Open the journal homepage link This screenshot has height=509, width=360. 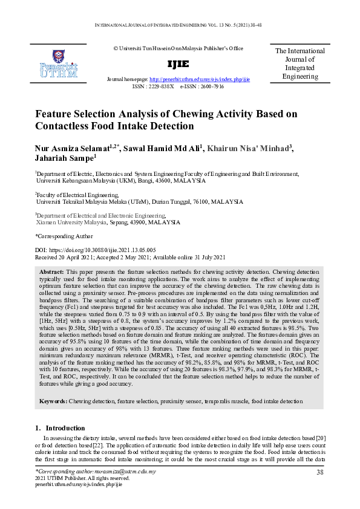199,79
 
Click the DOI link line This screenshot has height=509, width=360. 95,249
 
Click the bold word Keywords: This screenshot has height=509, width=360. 53,401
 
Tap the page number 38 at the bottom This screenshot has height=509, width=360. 320,472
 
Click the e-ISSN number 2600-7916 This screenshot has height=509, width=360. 211,86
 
